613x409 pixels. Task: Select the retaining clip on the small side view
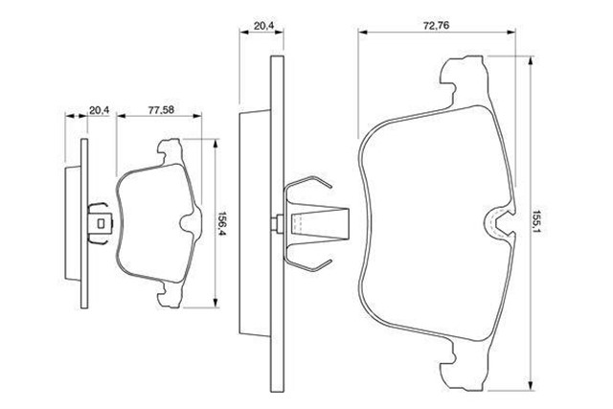(100, 222)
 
